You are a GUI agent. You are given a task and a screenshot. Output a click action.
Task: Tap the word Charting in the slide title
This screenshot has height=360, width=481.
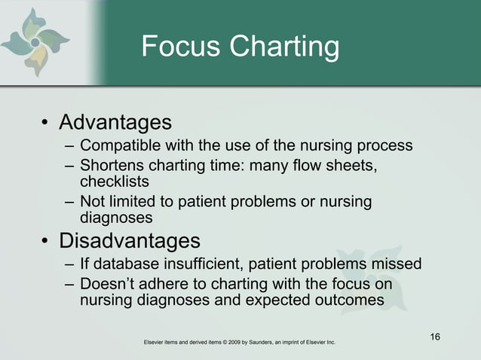(x=284, y=48)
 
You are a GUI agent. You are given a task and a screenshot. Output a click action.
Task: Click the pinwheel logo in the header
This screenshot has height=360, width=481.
(x=35, y=42)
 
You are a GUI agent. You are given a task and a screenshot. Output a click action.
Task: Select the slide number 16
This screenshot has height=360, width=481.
(x=435, y=336)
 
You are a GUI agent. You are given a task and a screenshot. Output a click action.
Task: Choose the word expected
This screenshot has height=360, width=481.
(x=263, y=301)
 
